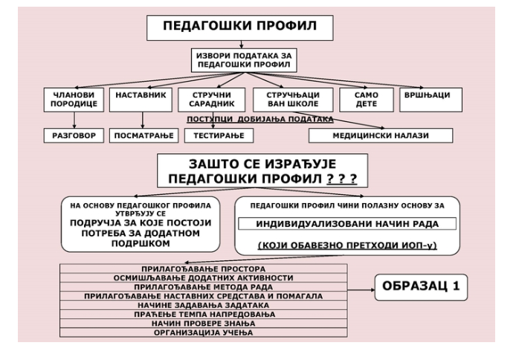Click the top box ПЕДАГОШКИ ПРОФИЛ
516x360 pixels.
coord(240,28)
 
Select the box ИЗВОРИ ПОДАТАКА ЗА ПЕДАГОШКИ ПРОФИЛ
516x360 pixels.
coord(244,60)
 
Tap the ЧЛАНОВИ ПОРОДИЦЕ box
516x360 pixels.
coord(74,100)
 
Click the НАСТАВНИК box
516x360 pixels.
coord(141,100)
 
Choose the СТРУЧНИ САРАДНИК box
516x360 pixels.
coord(212,100)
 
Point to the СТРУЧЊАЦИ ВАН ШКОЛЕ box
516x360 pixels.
coord(293,100)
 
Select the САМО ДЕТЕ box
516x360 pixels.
coord(367,100)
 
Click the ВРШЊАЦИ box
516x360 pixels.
coord(430,100)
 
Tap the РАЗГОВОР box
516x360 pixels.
coord(74,135)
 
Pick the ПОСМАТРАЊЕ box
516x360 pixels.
coord(143,135)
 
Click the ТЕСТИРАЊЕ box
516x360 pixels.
coord(219,135)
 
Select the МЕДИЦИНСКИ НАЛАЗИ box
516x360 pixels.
coord(381,135)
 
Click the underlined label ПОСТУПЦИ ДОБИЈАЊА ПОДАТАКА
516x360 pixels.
coord(260,120)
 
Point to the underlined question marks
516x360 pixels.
coord(342,179)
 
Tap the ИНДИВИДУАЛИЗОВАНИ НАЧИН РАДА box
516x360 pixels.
coord(347,224)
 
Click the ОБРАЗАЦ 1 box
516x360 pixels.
coord(422,287)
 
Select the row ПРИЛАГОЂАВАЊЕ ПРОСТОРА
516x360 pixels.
coord(204,269)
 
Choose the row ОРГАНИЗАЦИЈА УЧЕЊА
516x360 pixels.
coord(204,332)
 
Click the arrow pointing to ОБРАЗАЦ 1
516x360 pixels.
coord(361,290)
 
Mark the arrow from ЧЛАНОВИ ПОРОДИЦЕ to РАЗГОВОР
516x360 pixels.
coord(74,120)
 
